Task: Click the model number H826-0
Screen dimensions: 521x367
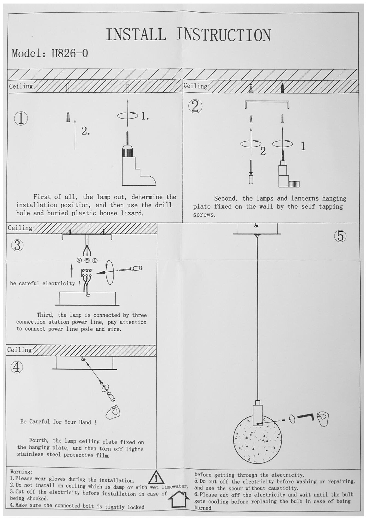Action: click(70, 53)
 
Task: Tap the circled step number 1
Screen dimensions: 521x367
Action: click(21, 118)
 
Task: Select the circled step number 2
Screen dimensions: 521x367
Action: click(195, 106)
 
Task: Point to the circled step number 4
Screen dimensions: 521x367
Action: click(16, 367)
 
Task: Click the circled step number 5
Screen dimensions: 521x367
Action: click(340, 236)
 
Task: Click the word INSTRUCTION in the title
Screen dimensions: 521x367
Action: click(224, 35)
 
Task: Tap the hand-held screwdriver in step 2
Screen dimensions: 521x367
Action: click(251, 173)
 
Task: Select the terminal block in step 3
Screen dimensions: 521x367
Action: click(87, 273)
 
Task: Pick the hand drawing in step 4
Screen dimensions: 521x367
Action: click(113, 412)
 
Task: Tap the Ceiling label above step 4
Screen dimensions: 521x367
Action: click(19, 350)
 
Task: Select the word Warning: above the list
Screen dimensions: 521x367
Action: click(21, 472)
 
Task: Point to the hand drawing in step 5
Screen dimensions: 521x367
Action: click(323, 419)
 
